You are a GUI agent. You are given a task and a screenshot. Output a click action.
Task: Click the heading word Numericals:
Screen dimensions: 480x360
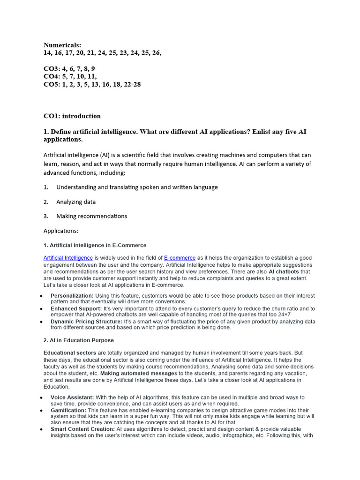(62, 45)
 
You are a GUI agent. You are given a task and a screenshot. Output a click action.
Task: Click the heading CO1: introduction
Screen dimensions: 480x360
(72, 116)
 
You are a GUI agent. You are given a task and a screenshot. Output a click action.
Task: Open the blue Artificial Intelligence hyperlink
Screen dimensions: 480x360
(68, 258)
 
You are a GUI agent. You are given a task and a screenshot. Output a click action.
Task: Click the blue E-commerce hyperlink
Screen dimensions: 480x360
(180, 258)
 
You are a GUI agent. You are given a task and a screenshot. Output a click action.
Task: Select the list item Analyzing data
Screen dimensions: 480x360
(76, 202)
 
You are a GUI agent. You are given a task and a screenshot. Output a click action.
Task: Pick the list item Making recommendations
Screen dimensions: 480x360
(91, 216)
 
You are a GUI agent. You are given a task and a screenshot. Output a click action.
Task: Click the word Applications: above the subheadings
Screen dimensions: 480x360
(61, 231)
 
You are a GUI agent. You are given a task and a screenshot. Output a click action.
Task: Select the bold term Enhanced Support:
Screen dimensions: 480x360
(76, 308)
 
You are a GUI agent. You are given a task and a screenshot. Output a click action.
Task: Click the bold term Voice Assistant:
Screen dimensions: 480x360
(72, 397)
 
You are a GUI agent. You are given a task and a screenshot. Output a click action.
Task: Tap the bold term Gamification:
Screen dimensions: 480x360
(68, 410)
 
